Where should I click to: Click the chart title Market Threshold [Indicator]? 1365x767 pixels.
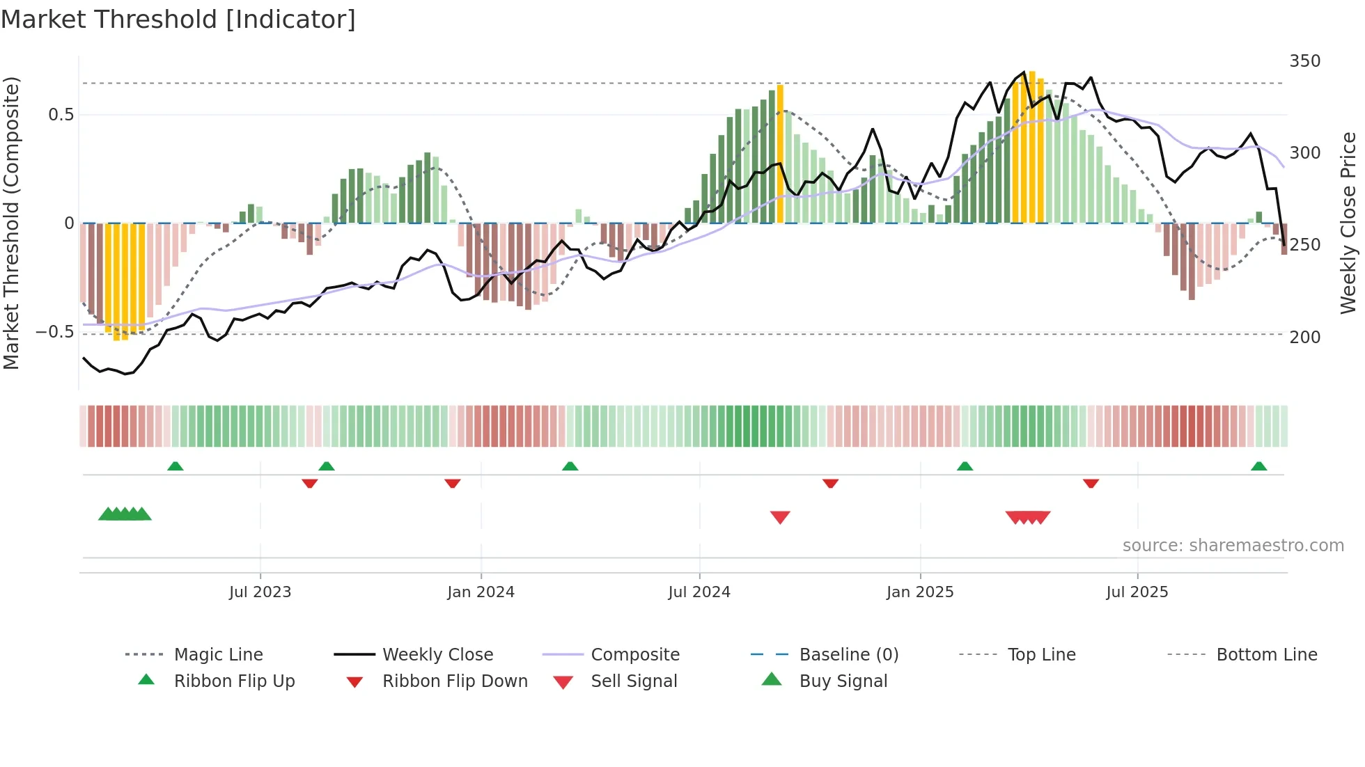pyautogui.click(x=178, y=19)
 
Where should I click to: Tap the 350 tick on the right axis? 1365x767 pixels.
pyautogui.click(x=1304, y=61)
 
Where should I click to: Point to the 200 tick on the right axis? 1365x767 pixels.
pyautogui.click(x=1304, y=337)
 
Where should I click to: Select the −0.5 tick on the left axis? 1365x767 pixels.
pyautogui.click(x=54, y=332)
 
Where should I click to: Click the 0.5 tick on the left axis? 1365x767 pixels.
pyautogui.click(x=61, y=115)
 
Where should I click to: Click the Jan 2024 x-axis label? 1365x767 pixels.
pyautogui.click(x=481, y=592)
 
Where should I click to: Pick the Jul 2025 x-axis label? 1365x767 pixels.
pyautogui.click(x=1137, y=592)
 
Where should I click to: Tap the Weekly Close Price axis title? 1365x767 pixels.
pyautogui.click(x=1348, y=223)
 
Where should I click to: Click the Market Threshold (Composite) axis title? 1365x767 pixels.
pyautogui.click(x=11, y=223)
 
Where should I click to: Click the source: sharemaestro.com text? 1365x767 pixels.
pyautogui.click(x=1233, y=546)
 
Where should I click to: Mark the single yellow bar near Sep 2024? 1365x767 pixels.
pyautogui.click(x=780, y=153)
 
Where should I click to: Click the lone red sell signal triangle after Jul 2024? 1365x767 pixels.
pyautogui.click(x=780, y=517)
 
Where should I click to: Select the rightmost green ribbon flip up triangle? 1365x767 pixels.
pyautogui.click(x=1258, y=466)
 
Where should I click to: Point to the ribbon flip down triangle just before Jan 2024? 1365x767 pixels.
pyautogui.click(x=453, y=483)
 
